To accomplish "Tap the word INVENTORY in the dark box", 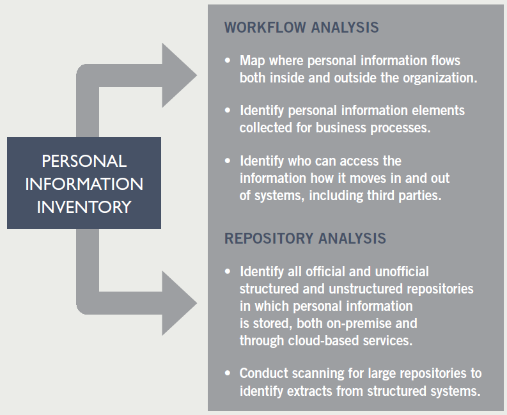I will [84, 207].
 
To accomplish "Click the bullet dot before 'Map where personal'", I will [228, 61].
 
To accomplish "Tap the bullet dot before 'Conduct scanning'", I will [228, 373].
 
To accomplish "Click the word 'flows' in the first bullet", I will [444, 61].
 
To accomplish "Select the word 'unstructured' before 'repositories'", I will [354, 289].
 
